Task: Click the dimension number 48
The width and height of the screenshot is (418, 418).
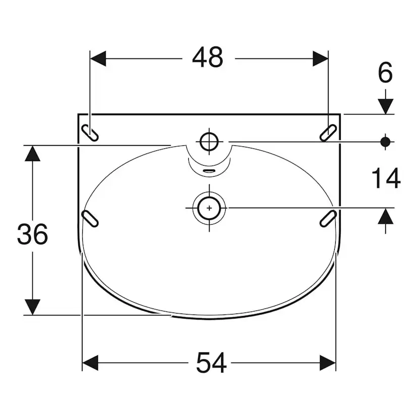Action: pos(207,58)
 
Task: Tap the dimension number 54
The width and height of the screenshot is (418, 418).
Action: pos(212,362)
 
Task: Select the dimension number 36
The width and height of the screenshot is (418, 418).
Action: pos(32,234)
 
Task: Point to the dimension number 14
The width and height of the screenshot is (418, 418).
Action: pos(386,178)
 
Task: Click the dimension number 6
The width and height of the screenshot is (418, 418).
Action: pos(386,72)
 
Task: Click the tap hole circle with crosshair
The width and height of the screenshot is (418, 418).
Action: pos(210,141)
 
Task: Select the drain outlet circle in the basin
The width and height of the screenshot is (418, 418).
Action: pos(210,208)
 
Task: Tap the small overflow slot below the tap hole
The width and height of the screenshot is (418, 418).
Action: pos(210,171)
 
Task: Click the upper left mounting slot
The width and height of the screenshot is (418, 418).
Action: pos(90,132)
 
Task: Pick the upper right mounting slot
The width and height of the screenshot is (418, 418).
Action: pos(328,132)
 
